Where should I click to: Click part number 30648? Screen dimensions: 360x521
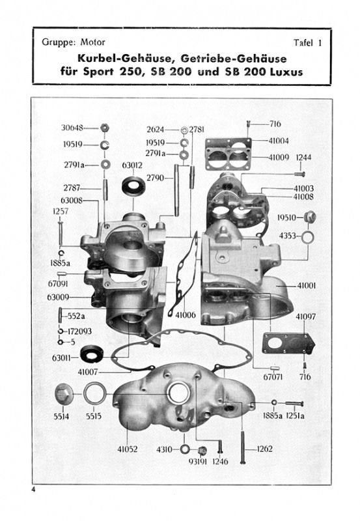click(x=72, y=128)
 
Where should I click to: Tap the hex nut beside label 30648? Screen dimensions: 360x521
click(x=105, y=128)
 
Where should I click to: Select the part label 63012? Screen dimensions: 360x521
click(x=132, y=165)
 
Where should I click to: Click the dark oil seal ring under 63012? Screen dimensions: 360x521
click(x=133, y=187)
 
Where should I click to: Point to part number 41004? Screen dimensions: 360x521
click(x=279, y=141)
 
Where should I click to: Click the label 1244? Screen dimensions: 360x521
click(x=303, y=157)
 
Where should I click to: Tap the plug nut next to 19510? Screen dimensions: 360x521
click(x=310, y=218)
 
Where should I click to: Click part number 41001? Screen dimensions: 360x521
click(x=307, y=286)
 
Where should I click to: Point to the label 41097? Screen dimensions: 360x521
click(x=305, y=317)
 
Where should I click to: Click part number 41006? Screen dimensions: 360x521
click(x=186, y=315)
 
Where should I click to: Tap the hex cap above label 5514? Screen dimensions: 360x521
click(x=63, y=395)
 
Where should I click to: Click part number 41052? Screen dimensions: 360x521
click(x=128, y=449)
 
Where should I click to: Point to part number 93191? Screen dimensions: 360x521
click(x=198, y=461)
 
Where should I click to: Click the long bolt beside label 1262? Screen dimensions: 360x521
click(x=243, y=447)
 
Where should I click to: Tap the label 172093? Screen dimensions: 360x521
click(x=79, y=331)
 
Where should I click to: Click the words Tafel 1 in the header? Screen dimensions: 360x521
click(x=307, y=43)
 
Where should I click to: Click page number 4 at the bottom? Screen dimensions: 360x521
click(x=33, y=490)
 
